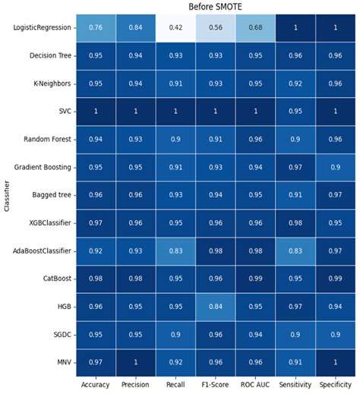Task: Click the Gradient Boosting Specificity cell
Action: pos(332,167)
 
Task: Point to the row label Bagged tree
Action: pos(54,195)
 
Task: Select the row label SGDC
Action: pos(62,333)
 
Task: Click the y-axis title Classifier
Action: pos(7,194)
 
